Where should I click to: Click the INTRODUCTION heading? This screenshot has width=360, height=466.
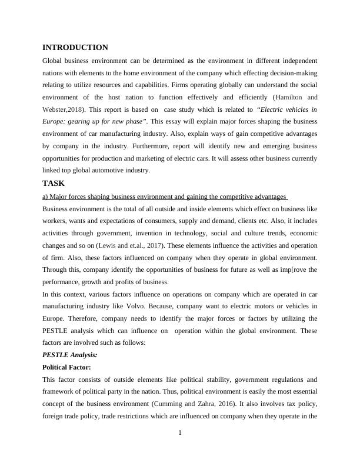(x=75, y=48)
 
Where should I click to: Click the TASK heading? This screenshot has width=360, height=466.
(x=54, y=183)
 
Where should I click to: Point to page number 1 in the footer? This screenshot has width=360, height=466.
(x=180, y=434)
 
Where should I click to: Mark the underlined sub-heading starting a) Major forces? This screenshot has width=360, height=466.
(x=165, y=196)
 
